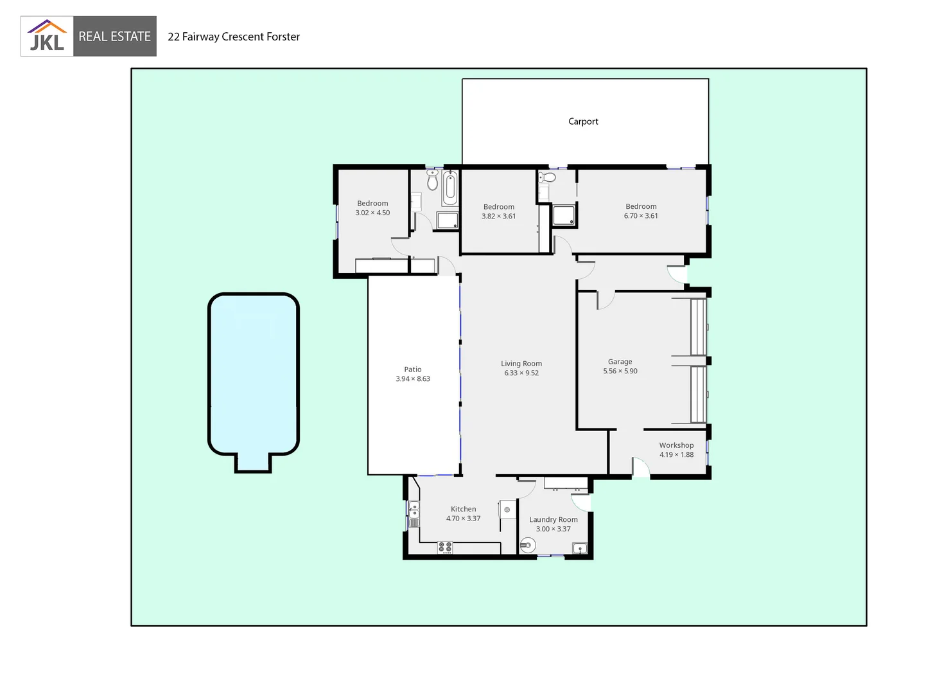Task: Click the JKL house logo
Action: [47, 36]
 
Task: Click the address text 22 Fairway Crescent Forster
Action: [234, 37]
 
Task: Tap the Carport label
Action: [583, 121]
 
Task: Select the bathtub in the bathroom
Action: [450, 187]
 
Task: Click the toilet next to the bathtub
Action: [432, 181]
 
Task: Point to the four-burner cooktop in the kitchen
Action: [445, 547]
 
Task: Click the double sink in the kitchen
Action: [414, 513]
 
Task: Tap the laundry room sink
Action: [580, 548]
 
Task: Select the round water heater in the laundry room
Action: [527, 546]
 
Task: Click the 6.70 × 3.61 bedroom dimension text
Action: [641, 216]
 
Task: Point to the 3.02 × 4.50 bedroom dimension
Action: [372, 213]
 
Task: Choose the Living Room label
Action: [521, 364]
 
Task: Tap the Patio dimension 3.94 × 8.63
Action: [413, 379]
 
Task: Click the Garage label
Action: [620, 362]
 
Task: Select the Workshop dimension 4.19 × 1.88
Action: [676, 455]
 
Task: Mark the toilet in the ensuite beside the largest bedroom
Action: [547, 177]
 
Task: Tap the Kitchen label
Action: [463, 509]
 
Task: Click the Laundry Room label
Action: [553, 519]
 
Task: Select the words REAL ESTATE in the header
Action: [114, 37]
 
